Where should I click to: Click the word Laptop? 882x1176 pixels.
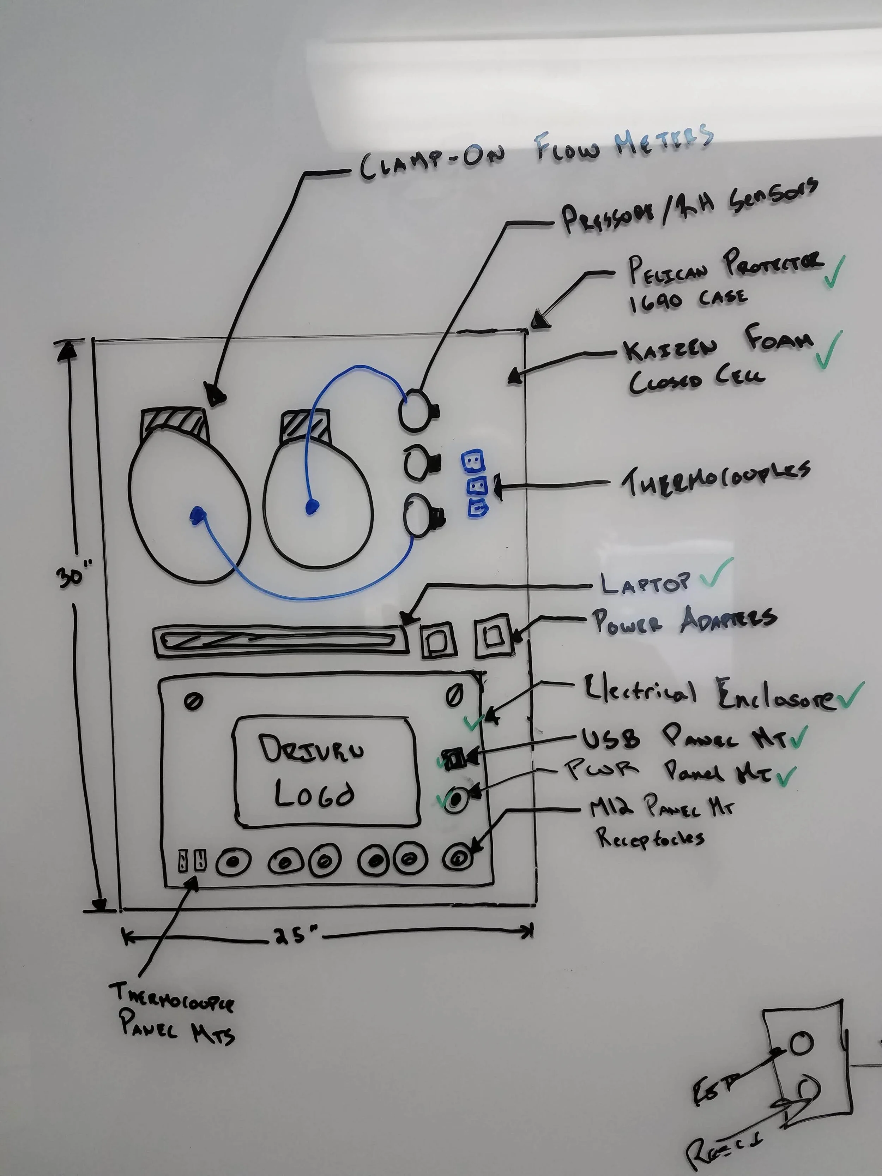(x=645, y=583)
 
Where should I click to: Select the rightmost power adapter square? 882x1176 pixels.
(x=493, y=636)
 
